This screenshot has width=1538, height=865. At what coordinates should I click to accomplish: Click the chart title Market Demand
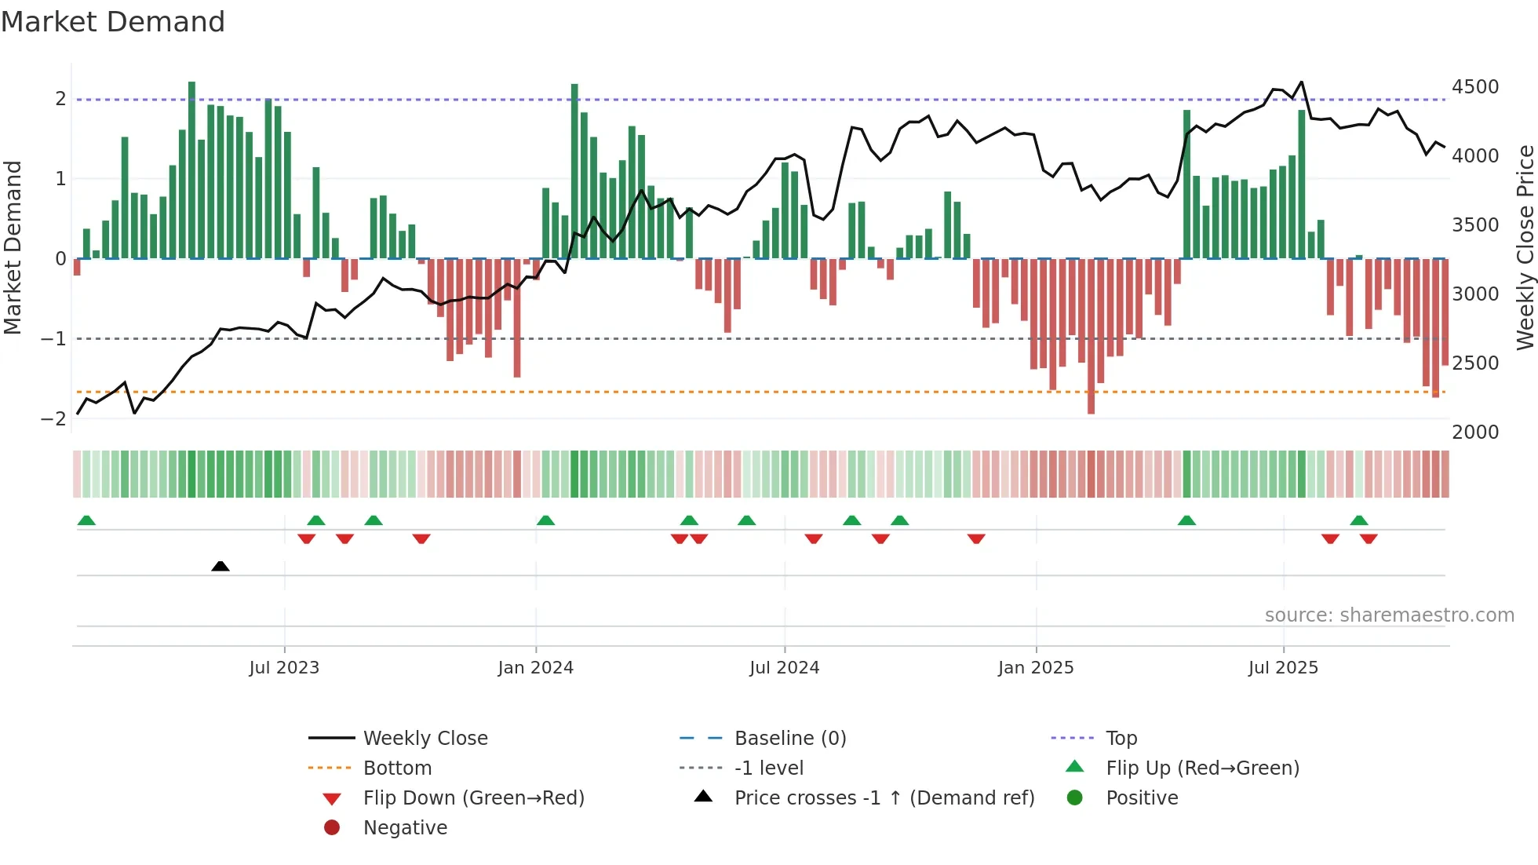[113, 22]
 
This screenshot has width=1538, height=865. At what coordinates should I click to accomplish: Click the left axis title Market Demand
[13, 247]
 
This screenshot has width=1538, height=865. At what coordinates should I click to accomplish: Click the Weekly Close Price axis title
[1524, 247]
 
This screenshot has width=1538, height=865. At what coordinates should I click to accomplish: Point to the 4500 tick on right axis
[1474, 87]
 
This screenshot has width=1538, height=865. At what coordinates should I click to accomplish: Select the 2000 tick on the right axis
[1474, 432]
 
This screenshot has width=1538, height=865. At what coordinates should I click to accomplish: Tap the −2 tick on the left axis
[53, 419]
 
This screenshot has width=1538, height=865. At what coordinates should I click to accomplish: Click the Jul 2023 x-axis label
[284, 668]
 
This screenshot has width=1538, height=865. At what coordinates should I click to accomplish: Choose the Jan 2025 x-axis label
[1035, 668]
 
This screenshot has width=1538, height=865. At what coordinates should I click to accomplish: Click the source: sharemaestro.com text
[1389, 615]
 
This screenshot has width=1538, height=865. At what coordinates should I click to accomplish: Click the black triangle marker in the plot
[220, 566]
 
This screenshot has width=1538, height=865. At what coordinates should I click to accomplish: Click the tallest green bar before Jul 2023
[191, 169]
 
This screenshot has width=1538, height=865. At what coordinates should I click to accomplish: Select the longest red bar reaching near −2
[1091, 336]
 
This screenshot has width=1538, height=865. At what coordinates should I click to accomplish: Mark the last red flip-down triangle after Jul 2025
[1369, 538]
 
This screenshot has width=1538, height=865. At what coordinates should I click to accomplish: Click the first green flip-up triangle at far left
[86, 520]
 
